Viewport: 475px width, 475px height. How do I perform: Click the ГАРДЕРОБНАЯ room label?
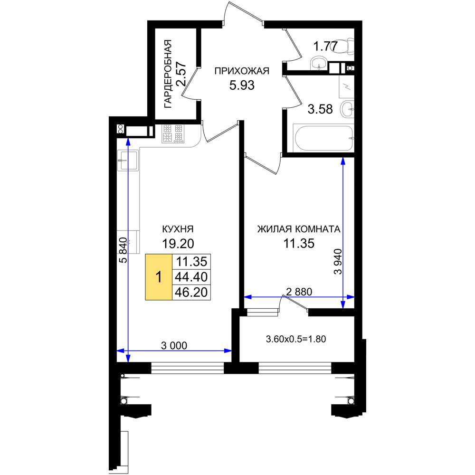tap(168, 74)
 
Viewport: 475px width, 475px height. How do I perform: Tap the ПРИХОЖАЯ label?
tap(242, 71)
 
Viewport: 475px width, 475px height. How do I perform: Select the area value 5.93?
tap(242, 85)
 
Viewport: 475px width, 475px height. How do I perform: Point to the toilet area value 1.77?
tap(325, 47)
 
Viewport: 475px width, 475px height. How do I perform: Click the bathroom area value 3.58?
tap(320, 109)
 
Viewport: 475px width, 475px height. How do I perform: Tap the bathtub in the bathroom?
tap(324, 138)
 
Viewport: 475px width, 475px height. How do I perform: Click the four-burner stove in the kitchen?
tap(173, 133)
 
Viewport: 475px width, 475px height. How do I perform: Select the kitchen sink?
tap(128, 160)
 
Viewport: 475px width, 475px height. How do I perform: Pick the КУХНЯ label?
tap(178, 229)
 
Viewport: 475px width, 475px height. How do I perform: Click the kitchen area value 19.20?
tap(178, 243)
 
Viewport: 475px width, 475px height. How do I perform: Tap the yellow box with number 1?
tap(159, 277)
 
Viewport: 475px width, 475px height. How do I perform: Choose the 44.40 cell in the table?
tap(191, 277)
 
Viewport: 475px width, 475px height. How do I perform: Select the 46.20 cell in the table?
tap(191, 292)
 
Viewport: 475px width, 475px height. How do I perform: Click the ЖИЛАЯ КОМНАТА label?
tap(299, 229)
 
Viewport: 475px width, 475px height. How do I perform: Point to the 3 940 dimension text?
tap(338, 261)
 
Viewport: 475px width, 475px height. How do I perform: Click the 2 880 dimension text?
tap(299, 292)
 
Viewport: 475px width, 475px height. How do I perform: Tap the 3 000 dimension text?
tap(174, 345)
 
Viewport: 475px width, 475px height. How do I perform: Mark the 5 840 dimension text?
tap(123, 250)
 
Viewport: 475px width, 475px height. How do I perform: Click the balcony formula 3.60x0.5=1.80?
tap(295, 339)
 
